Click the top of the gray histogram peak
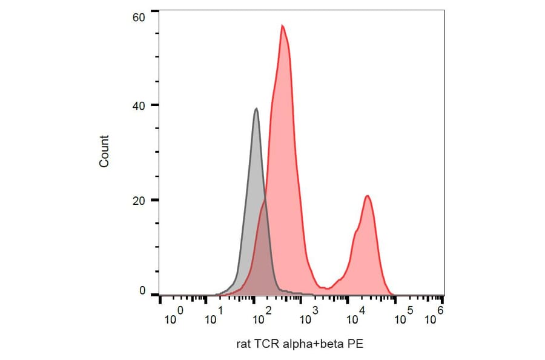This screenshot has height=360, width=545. pyautogui.click(x=257, y=109)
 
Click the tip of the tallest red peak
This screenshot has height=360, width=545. pyautogui.click(x=282, y=25)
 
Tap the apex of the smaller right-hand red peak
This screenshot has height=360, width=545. pyautogui.click(x=367, y=196)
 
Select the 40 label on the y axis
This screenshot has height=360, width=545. pyautogui.click(x=139, y=105)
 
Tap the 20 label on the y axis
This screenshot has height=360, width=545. pyautogui.click(x=139, y=200)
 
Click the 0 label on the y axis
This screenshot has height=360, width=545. pyautogui.click(x=142, y=291)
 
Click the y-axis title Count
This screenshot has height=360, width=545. pyautogui.click(x=104, y=152)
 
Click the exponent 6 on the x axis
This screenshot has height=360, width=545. pyautogui.click(x=440, y=310)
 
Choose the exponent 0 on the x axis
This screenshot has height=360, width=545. pyautogui.click(x=180, y=310)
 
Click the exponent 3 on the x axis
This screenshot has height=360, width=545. pyautogui.click(x=315, y=310)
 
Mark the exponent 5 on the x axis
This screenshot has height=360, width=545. pyautogui.click(x=409, y=310)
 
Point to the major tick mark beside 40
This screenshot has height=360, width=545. pyautogui.click(x=155, y=105)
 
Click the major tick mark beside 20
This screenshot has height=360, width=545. pyautogui.click(x=155, y=200)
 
